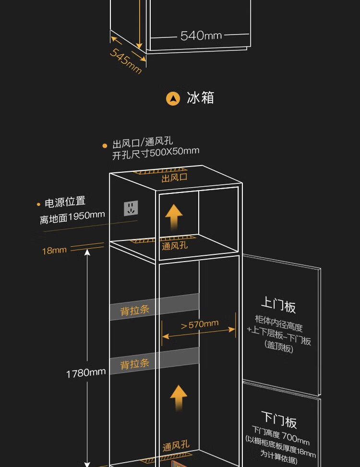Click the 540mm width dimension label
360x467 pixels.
click(x=201, y=36)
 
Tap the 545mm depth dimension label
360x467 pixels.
click(x=126, y=60)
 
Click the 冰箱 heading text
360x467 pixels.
click(x=200, y=98)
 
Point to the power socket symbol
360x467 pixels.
click(x=131, y=208)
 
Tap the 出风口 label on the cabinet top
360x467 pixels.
click(x=174, y=178)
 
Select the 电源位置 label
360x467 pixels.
click(x=65, y=202)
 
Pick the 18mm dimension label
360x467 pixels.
click(x=54, y=250)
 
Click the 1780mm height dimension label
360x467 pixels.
click(x=86, y=372)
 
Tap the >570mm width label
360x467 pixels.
click(x=199, y=324)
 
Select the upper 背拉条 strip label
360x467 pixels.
click(x=135, y=310)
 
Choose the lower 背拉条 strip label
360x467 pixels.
click(x=135, y=364)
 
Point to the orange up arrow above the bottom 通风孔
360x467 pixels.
click(x=179, y=396)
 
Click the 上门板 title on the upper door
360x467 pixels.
click(x=278, y=305)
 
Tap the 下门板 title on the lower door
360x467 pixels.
click(x=279, y=420)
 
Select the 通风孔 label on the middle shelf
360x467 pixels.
click(x=175, y=246)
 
